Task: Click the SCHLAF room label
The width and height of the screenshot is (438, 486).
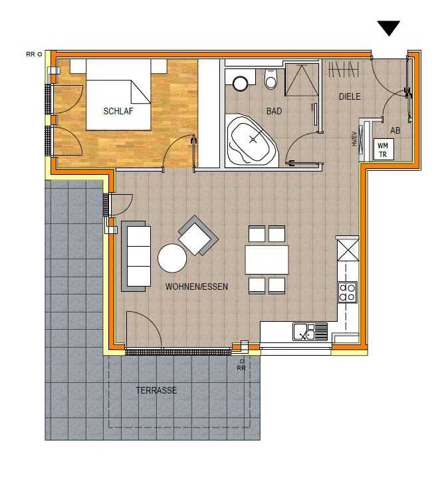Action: click(x=118, y=111)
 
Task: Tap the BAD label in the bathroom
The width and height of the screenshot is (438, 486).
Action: click(x=274, y=111)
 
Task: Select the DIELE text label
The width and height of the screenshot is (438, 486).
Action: click(x=350, y=96)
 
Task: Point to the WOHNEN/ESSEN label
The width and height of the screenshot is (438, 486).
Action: click(x=197, y=287)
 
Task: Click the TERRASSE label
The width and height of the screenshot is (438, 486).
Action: click(x=156, y=390)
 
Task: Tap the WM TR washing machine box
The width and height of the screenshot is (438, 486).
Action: click(x=383, y=149)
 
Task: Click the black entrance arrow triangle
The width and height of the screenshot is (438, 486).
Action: click(x=389, y=28)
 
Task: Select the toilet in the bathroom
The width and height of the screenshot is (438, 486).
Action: click(x=271, y=79)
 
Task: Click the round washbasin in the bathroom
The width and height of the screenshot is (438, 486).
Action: click(x=241, y=83)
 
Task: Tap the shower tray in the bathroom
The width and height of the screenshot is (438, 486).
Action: click(x=302, y=80)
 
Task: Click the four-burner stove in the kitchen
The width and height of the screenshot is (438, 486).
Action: click(x=347, y=293)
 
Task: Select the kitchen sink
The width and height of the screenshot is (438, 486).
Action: click(x=310, y=332)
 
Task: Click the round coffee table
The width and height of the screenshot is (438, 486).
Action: click(x=172, y=258)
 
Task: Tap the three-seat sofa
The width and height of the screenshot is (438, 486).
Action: click(x=136, y=256)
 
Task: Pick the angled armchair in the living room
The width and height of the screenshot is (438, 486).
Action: click(x=198, y=235)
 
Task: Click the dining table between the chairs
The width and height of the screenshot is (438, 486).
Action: click(x=267, y=260)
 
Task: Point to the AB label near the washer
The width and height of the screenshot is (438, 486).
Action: click(x=395, y=130)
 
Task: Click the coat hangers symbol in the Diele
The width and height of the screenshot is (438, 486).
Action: click(x=344, y=69)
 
